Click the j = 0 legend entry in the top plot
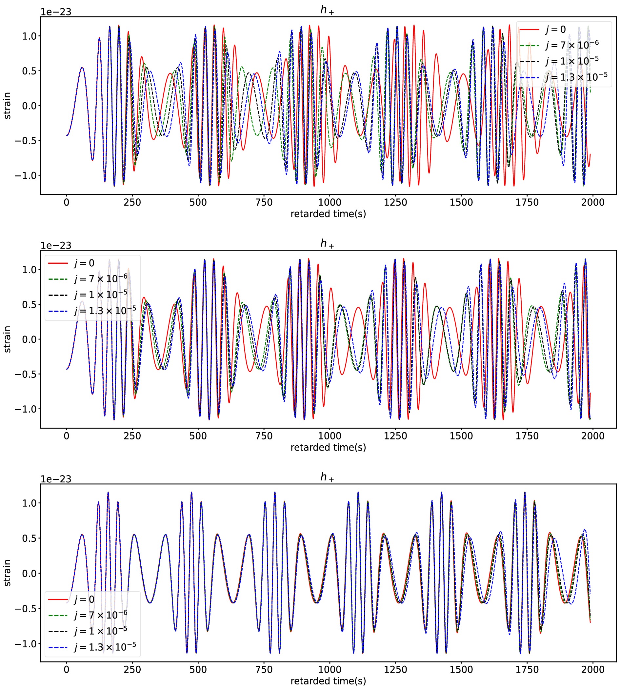[556, 30]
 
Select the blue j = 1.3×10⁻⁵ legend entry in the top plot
[576, 77]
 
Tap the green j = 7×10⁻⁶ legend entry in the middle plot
[101, 279]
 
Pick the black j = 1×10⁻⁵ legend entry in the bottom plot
[101, 631]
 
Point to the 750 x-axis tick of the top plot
[264, 202]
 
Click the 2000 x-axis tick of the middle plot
[593, 436]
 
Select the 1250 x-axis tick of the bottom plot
[395, 670]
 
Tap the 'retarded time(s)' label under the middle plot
[328, 447]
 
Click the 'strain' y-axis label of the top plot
[8, 106]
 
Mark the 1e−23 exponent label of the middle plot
[56, 246]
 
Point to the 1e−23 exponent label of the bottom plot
[56, 479]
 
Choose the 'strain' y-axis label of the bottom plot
[8, 573]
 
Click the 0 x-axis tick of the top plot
[67, 202]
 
